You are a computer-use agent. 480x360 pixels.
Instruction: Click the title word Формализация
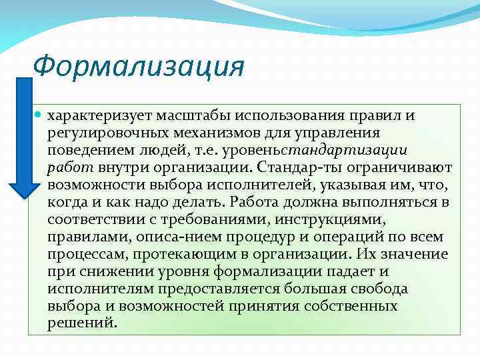coord(139,67)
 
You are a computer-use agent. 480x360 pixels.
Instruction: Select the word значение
coord(414,253)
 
